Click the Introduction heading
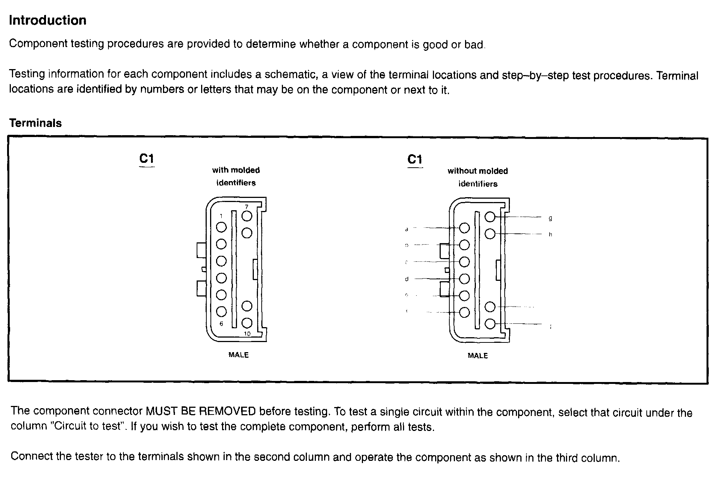point(47,20)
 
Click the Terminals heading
point(36,123)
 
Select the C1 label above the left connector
point(147,159)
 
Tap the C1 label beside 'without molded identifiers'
point(415,159)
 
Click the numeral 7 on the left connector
point(247,207)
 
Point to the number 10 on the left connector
point(247,333)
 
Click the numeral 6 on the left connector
point(221,323)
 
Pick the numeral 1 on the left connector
point(221,216)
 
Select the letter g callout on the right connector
point(550,218)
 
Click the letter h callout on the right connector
point(550,235)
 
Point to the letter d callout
point(407,279)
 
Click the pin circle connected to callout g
point(490,217)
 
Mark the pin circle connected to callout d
point(464,279)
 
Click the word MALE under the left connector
point(239,355)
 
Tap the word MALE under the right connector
point(478,356)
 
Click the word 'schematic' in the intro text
point(291,74)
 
